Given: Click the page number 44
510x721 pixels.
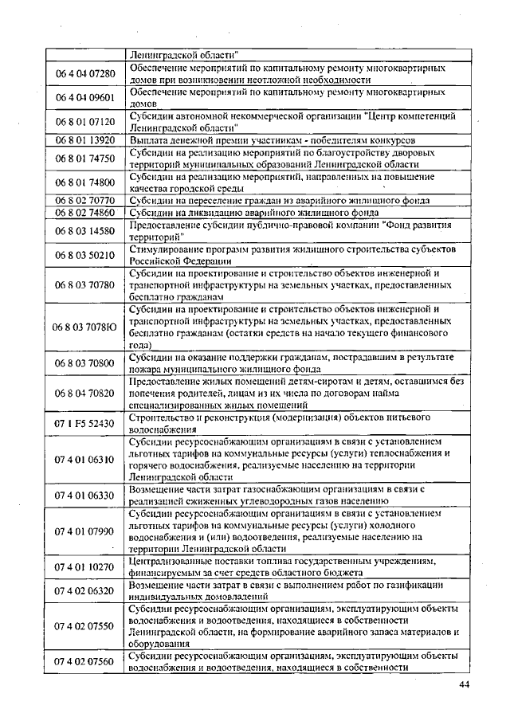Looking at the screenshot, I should coord(465,686).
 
